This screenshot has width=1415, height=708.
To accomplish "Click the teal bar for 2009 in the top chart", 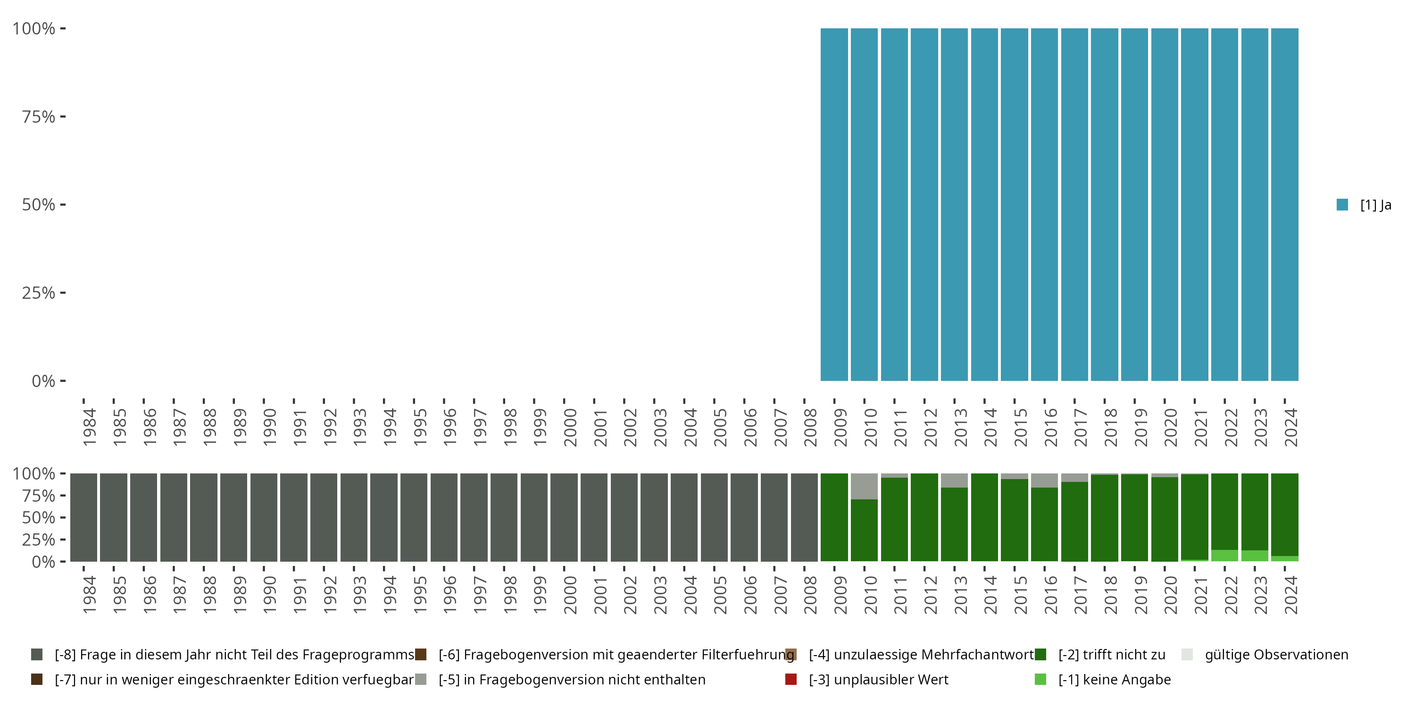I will click(834, 204).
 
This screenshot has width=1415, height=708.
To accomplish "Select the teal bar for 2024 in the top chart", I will click(1284, 204).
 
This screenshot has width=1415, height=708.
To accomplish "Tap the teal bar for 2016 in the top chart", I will click(1044, 204).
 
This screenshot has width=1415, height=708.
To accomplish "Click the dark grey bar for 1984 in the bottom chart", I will click(83, 517).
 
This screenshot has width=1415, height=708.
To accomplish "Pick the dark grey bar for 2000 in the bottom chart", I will click(564, 517).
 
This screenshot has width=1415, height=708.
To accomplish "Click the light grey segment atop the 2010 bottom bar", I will click(864, 487).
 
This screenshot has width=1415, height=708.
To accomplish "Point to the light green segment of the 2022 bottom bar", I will click(1224, 555).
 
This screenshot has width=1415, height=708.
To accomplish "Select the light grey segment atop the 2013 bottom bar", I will click(954, 480).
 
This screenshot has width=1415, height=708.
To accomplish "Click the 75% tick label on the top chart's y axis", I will click(39, 117).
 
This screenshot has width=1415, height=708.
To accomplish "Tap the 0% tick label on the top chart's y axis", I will click(43, 381).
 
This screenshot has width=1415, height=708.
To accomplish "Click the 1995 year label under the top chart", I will click(420, 427).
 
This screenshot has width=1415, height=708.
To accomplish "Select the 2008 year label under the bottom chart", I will click(810, 595).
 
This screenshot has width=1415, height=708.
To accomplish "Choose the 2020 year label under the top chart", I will click(1171, 427).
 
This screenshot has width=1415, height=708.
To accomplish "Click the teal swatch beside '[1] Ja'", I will click(1342, 204).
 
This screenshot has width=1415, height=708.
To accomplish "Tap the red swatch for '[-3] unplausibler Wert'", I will click(791, 679).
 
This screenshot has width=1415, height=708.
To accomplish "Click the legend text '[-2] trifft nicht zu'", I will click(1112, 655).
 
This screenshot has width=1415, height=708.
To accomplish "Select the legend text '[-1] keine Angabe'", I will click(1115, 679).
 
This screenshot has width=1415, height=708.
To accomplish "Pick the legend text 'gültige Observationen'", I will click(1276, 655).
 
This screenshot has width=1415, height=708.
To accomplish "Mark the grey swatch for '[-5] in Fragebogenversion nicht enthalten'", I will click(421, 679).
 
